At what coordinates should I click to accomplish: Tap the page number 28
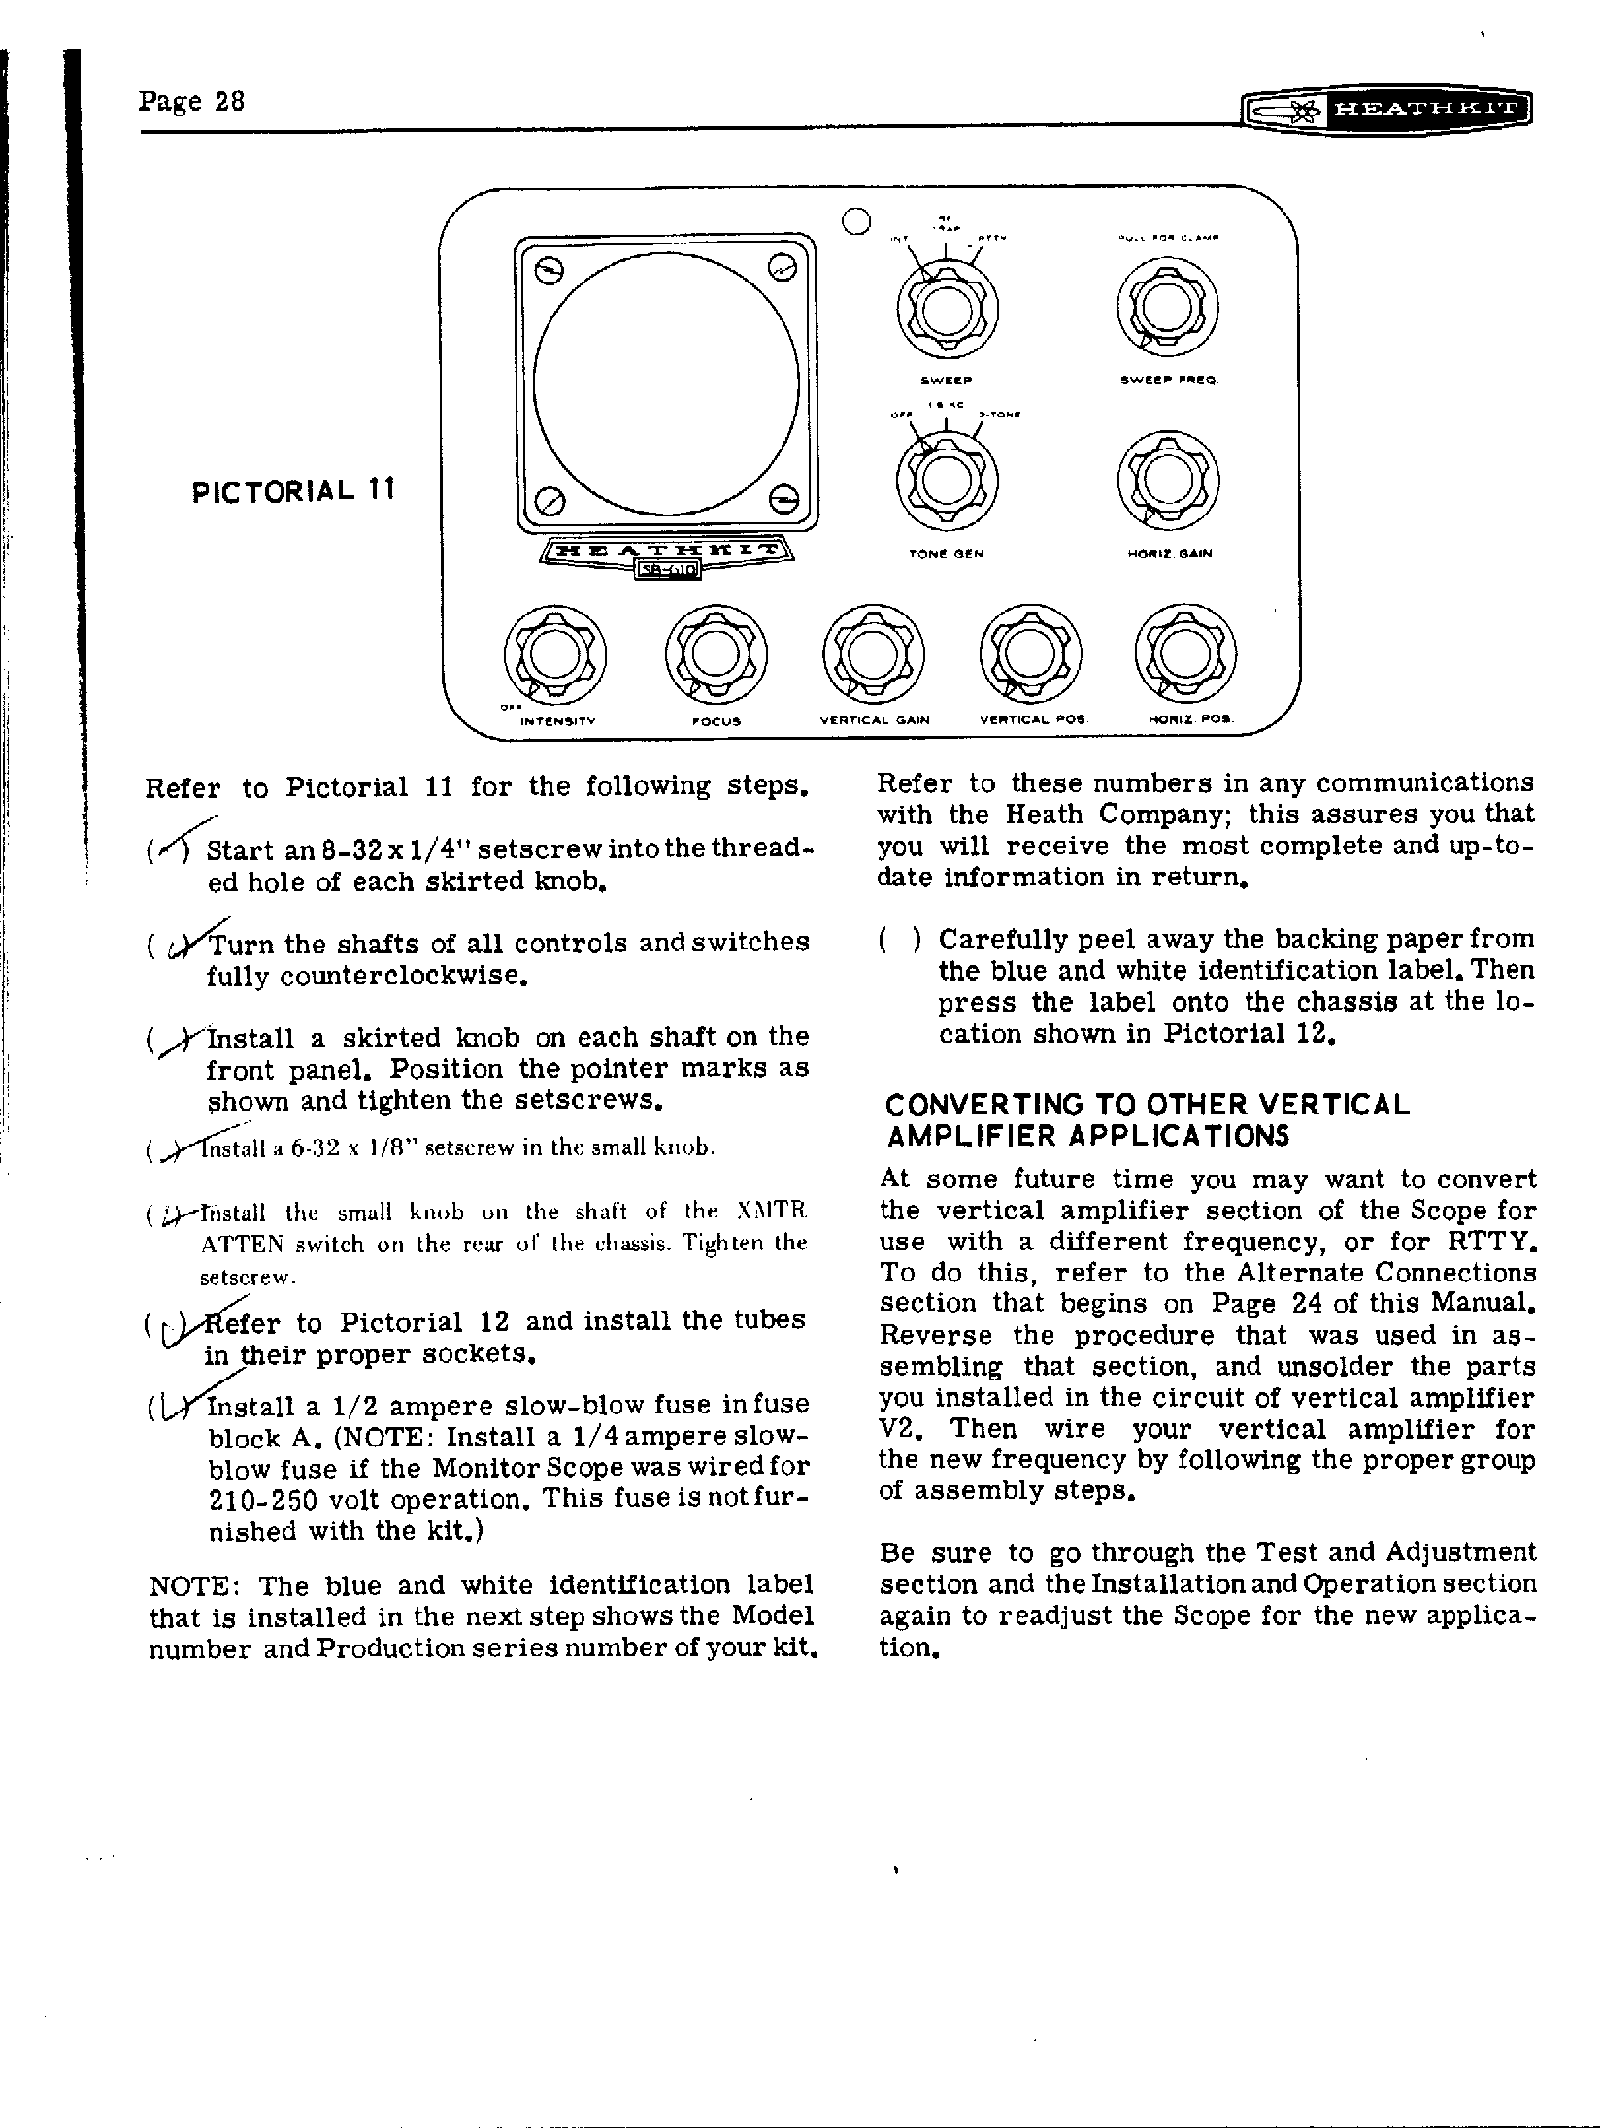191,101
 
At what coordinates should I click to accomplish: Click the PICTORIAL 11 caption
293,491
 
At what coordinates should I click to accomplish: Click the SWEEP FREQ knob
1168,309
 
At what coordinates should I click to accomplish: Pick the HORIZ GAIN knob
1169,482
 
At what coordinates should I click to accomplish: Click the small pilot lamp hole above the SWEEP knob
854,221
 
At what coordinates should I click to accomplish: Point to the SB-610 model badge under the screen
668,570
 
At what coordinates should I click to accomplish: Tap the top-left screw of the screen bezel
549,271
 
